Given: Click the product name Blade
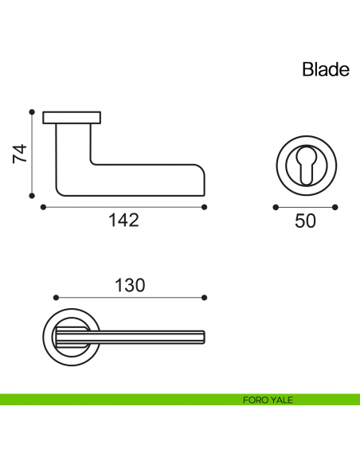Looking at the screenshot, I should (325, 69).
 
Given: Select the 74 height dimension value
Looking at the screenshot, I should (21, 154).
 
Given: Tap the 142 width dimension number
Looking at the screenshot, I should (123, 221).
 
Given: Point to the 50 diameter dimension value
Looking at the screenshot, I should (305, 221).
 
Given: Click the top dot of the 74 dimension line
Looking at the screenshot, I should (32, 112).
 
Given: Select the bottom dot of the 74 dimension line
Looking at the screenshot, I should (32, 194).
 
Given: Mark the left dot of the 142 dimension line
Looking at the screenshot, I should (42, 207).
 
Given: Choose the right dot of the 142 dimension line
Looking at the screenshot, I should (205, 207).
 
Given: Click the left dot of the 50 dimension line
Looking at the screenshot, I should (276, 207).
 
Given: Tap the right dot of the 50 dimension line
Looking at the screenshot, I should (335, 207).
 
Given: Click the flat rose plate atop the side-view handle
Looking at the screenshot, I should (72, 119).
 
